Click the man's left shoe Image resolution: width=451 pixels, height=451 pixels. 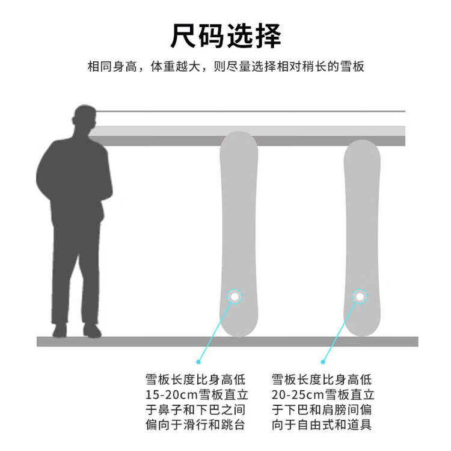(60, 330)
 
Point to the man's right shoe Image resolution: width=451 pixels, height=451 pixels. (91, 330)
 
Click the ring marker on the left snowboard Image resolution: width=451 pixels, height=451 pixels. (235, 296)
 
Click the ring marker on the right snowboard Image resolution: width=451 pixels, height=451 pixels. (360, 296)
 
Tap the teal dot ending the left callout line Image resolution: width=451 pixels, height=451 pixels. (198, 361)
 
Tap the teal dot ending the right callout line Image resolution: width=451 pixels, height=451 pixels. (323, 361)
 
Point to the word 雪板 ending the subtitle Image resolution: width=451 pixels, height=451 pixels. (352, 66)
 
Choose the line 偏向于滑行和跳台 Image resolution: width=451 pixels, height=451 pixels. (196, 425)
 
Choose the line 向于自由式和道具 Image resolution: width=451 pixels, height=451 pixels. (322, 425)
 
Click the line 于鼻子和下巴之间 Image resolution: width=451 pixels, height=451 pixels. (196, 410)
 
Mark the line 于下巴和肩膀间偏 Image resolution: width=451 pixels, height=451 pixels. (322, 410)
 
